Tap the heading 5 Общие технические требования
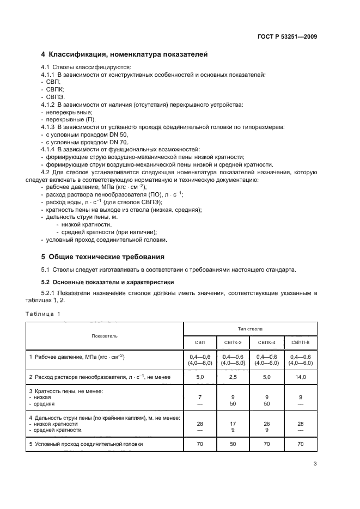click(103, 256)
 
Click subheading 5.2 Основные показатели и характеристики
click(107, 282)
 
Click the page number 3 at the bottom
click(315, 464)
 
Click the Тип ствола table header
click(250, 329)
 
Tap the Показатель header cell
click(105, 336)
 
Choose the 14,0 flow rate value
click(300, 377)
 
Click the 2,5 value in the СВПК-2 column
click(233, 377)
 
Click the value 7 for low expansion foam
click(200, 397)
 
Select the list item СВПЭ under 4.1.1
click(56, 96)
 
